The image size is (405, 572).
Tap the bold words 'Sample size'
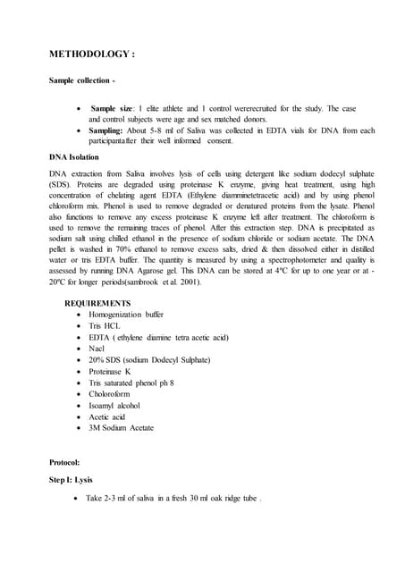[114, 108]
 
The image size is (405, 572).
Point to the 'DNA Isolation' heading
[80, 156]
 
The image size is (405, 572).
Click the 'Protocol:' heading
[64, 462]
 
